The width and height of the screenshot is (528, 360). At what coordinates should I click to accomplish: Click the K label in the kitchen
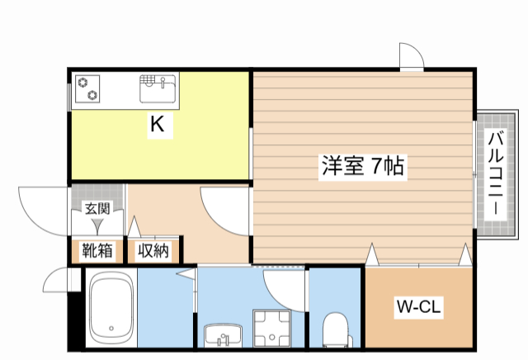pos(157,126)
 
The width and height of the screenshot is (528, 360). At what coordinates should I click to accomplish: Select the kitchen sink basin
pos(157,84)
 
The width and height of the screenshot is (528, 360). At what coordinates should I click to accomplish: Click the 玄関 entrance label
pos(97,208)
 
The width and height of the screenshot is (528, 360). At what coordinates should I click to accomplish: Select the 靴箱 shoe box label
pos(97,250)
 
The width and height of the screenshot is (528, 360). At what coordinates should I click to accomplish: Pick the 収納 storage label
pos(153,250)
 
